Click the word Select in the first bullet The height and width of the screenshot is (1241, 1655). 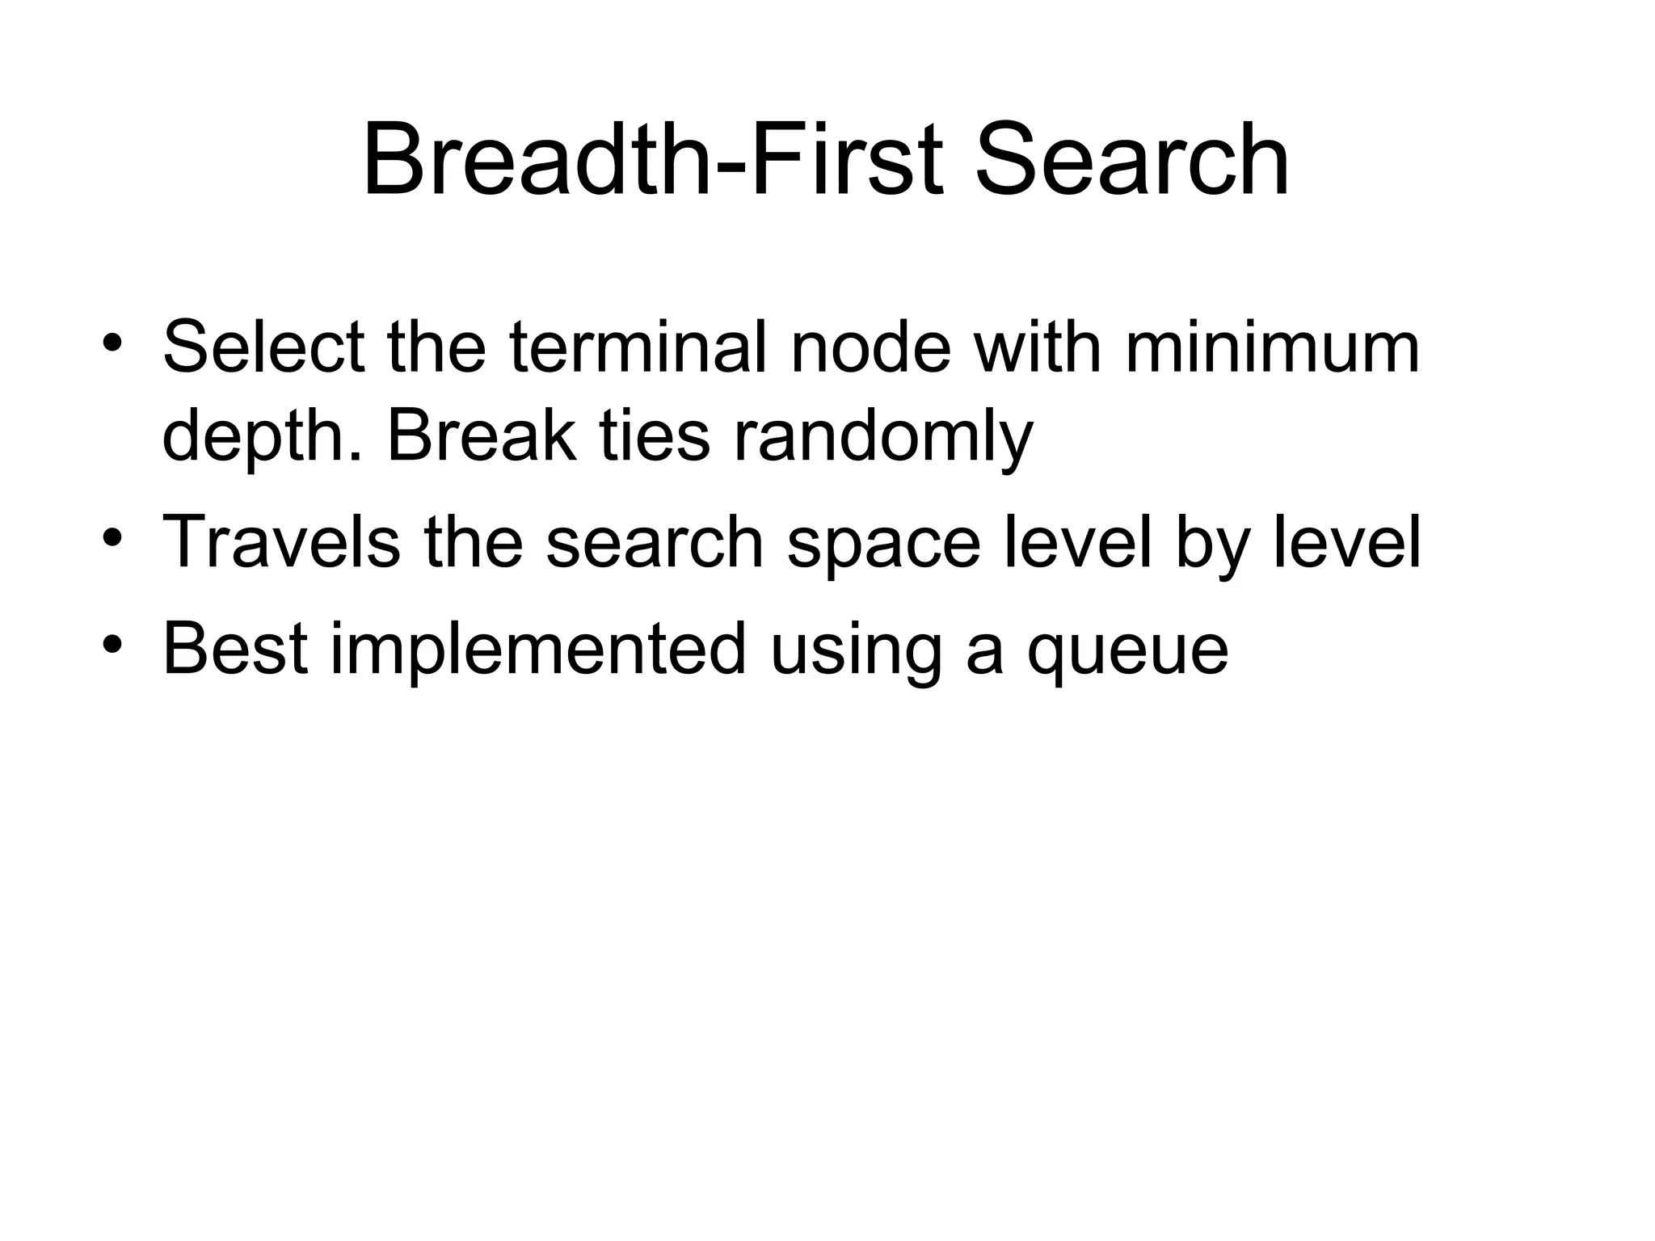pos(263,348)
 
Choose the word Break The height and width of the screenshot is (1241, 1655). pos(482,437)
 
